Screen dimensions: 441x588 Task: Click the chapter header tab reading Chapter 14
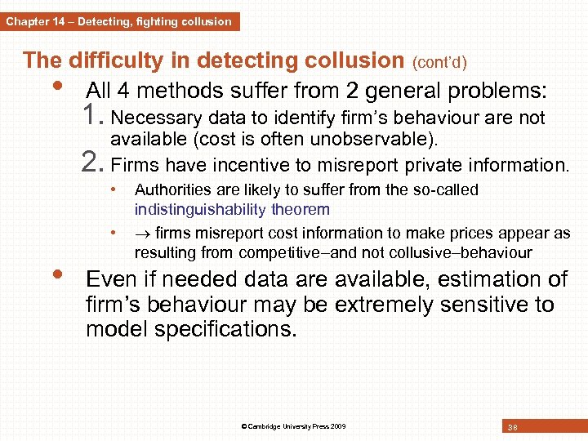pyautogui.click(x=119, y=21)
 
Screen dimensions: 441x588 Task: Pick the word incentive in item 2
pyautogui.click(x=252, y=165)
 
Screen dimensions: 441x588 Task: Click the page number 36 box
pyautogui.click(x=512, y=427)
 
